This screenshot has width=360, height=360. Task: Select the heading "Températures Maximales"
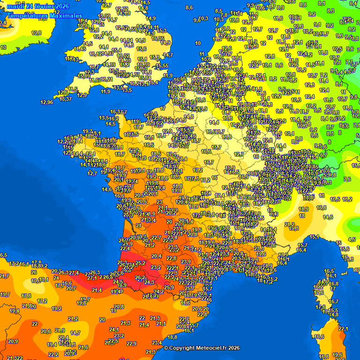[45, 16]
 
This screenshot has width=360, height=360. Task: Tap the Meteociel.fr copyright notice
[202, 348]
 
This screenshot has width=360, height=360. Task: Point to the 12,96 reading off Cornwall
[46, 102]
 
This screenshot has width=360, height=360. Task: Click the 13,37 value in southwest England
[65, 98]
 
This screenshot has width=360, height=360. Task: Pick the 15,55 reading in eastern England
[162, 66]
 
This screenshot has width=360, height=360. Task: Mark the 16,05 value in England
[158, 38]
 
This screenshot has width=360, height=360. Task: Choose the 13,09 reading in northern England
[104, 16]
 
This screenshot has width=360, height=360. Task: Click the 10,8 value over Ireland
[36, 33]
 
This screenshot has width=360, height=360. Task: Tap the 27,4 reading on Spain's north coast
[74, 273]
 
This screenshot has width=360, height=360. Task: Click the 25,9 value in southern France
[169, 287]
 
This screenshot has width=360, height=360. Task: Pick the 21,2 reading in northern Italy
[289, 225]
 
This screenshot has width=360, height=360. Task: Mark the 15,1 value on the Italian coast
[314, 237]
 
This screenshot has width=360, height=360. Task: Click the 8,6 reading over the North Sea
[189, 7]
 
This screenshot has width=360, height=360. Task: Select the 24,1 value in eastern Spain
[114, 330]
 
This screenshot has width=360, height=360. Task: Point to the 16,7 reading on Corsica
[334, 301]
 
